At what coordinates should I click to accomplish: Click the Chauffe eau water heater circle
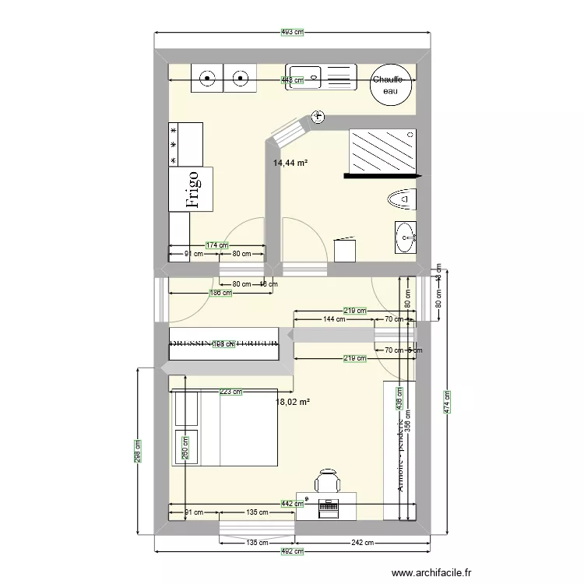pyautogui.click(x=387, y=85)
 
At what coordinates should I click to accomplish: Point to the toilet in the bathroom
pyautogui.click(x=402, y=200)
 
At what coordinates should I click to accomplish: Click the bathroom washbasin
pyautogui.click(x=405, y=237)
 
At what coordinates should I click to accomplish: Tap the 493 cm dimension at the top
pyautogui.click(x=292, y=32)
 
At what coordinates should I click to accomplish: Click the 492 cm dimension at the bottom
pyautogui.click(x=292, y=551)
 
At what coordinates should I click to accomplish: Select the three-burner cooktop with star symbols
pyautogui.click(x=186, y=144)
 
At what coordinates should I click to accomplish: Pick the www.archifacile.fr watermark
pyautogui.click(x=432, y=572)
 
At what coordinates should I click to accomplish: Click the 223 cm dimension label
pyautogui.click(x=230, y=392)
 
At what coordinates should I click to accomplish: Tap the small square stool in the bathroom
pyautogui.click(x=344, y=251)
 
